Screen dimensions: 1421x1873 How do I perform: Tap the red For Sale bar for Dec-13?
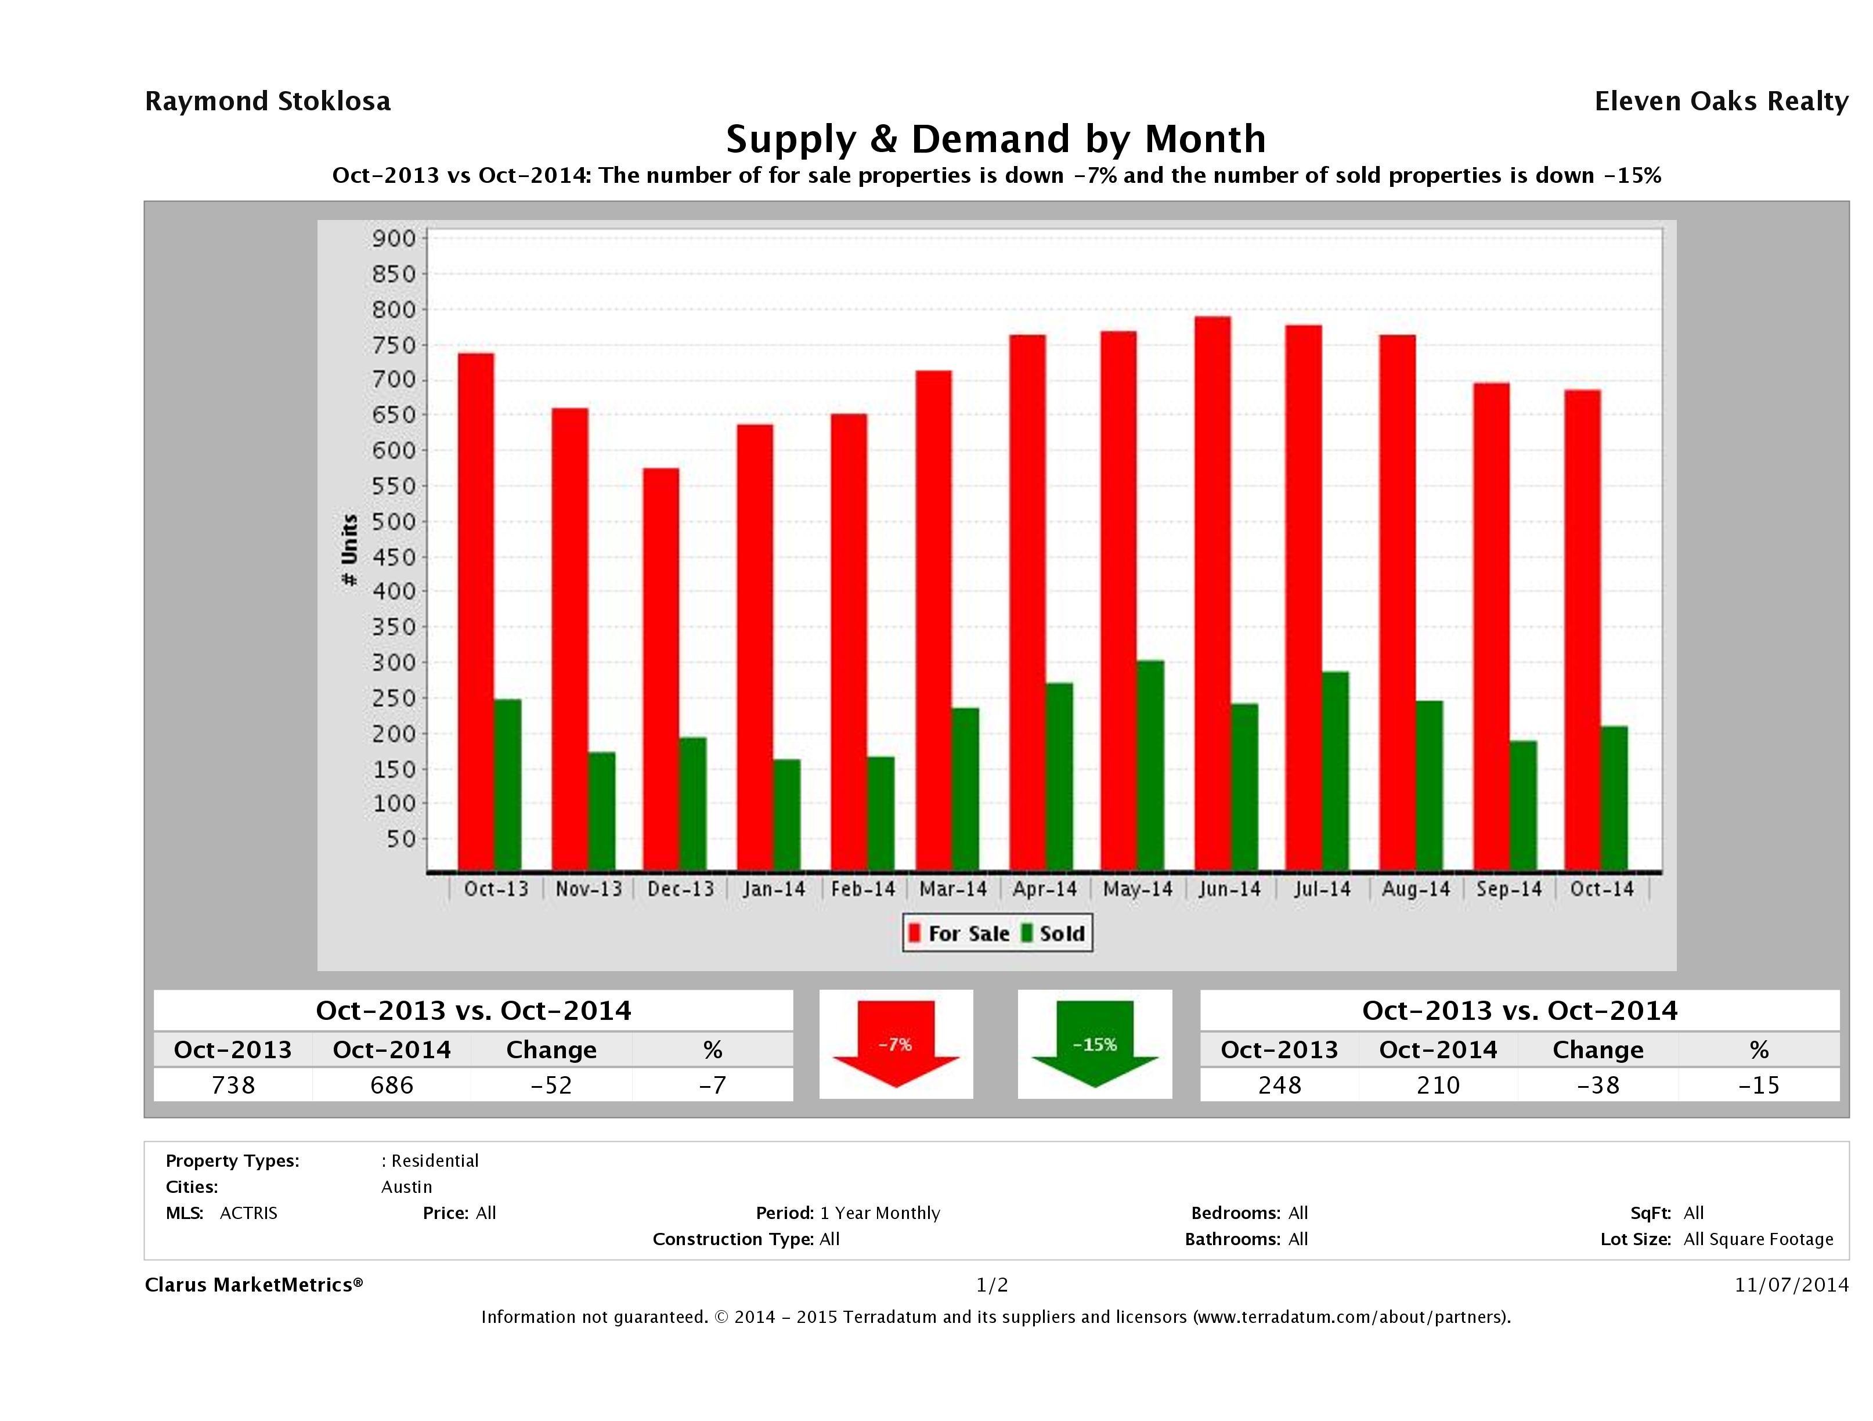coord(661,670)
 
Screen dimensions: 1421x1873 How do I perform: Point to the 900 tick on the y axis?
coord(395,239)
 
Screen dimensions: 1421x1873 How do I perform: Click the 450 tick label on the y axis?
coord(395,557)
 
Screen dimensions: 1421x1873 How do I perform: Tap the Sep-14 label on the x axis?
coord(1509,889)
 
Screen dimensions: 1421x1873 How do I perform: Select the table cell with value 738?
coord(233,1085)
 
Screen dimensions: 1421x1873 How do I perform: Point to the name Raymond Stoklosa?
coord(268,102)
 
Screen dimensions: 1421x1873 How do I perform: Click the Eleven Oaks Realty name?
coord(1720,102)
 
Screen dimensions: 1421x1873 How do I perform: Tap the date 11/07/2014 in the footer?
coord(1791,1285)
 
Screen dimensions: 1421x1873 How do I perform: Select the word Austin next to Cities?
coord(406,1186)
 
